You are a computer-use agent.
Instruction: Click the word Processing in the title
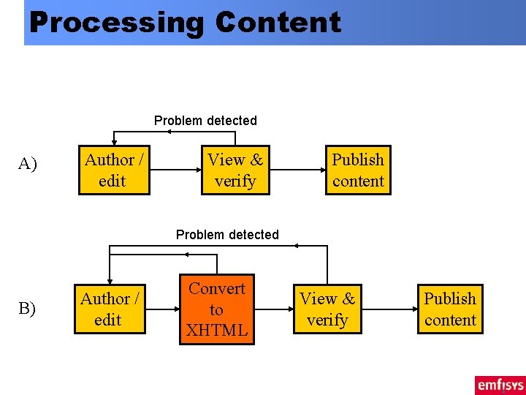tap(117, 23)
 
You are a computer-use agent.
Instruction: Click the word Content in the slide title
tap(278, 23)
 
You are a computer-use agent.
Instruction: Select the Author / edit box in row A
tap(114, 170)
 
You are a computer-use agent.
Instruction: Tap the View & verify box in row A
tap(235, 170)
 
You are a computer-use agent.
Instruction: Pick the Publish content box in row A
tap(358, 170)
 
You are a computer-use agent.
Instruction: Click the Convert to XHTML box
tap(217, 309)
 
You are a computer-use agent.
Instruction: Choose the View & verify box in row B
tap(327, 309)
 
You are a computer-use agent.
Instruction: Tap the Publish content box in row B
tap(450, 309)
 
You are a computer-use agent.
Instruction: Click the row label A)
tap(27, 164)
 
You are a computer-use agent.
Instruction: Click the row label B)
tap(27, 309)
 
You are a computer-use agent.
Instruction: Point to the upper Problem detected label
tap(205, 121)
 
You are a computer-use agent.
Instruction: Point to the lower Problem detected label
tap(227, 235)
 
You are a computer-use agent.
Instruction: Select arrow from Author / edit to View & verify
tap(175, 170)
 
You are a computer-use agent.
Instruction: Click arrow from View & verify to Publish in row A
tap(297, 170)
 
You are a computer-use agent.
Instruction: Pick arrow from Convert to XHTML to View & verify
tap(274, 309)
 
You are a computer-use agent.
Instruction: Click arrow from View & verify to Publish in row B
tap(389, 309)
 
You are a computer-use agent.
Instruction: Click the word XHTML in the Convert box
tap(217, 331)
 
